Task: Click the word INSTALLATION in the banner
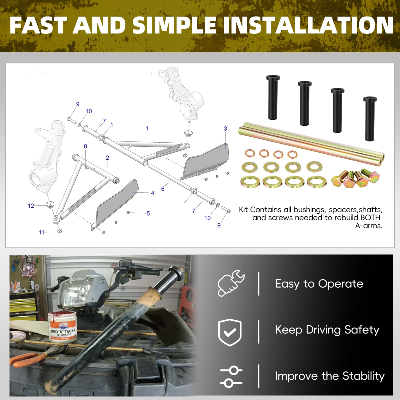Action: pos(308,25)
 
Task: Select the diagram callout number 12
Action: pos(31,206)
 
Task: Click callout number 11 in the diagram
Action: pos(41,232)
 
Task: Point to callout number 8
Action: pos(85,146)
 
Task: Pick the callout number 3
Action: pos(225,128)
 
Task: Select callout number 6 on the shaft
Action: pos(163,189)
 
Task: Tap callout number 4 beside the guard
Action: pos(152,193)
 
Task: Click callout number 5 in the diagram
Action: pos(148,213)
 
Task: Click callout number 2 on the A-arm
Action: pos(107,158)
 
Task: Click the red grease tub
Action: pos(62,327)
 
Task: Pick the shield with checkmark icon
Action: pos(230,332)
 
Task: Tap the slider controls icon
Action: pos(231,377)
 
